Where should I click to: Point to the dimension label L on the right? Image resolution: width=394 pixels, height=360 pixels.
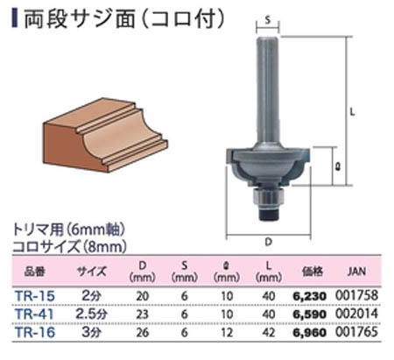tap(352, 111)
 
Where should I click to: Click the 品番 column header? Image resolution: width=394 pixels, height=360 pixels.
tap(35, 271)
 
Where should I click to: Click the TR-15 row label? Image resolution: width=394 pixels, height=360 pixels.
tap(35, 295)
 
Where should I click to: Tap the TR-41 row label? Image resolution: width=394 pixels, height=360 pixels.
tap(35, 312)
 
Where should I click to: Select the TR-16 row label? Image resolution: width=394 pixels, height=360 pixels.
tap(35, 328)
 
